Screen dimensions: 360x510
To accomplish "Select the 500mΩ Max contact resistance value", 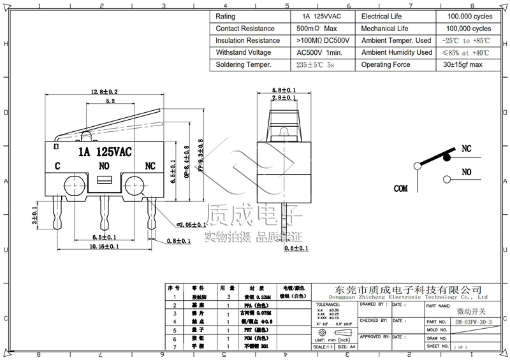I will [x=317, y=29].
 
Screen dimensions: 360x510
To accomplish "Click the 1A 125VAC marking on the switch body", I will [x=105, y=152].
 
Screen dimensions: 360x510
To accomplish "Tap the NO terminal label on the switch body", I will [x=105, y=167].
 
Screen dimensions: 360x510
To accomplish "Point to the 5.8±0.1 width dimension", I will [x=283, y=90].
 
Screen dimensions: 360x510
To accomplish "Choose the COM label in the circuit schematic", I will [x=400, y=189].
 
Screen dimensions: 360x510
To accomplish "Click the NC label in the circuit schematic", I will [x=466, y=148].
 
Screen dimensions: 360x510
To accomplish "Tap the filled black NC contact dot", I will [x=447, y=157].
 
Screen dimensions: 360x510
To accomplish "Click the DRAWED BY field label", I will [x=372, y=305].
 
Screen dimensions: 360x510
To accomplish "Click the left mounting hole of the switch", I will [x=71, y=186].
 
